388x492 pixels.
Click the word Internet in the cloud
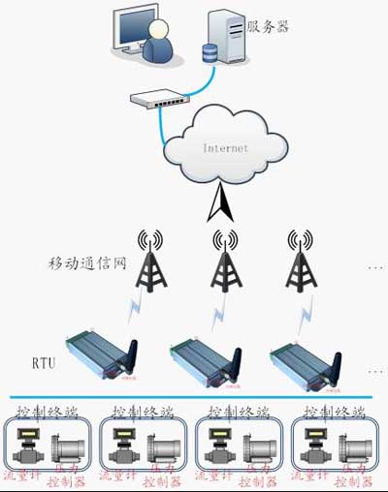click(x=225, y=149)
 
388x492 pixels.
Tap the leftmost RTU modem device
click(x=101, y=354)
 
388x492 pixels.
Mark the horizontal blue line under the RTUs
click(x=194, y=397)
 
